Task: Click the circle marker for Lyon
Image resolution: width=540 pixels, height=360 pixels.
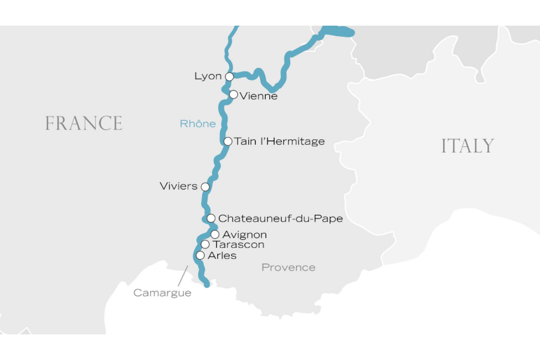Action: click(229, 76)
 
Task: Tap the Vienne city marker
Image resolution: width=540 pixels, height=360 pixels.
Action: click(234, 95)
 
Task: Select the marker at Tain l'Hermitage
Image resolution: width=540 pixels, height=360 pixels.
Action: click(228, 141)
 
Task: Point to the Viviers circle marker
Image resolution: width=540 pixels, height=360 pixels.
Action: click(205, 187)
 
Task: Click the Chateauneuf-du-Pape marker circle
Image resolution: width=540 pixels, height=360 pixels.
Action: click(211, 218)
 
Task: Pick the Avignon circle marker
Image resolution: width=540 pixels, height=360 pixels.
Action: click(215, 235)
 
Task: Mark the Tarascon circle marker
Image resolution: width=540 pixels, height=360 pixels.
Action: click(205, 245)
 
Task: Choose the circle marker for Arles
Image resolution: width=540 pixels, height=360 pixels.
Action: click(200, 255)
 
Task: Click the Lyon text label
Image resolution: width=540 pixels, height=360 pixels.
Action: click(208, 76)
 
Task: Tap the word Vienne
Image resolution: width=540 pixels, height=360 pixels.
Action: click(259, 96)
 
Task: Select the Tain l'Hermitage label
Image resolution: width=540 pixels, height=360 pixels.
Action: click(279, 142)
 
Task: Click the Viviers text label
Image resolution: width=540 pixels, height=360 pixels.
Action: click(179, 186)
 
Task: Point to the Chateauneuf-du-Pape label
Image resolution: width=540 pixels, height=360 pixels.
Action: click(280, 219)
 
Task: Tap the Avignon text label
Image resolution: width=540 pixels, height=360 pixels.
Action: click(245, 235)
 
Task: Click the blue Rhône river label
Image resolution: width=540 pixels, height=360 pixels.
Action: click(198, 124)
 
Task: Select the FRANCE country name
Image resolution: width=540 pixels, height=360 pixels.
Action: click(84, 124)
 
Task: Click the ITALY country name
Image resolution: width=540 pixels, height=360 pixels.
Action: click(468, 146)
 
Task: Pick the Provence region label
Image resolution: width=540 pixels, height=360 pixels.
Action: click(289, 267)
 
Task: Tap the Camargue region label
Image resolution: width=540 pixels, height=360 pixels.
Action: click(162, 293)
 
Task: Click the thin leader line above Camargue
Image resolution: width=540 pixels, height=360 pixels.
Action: click(182, 276)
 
